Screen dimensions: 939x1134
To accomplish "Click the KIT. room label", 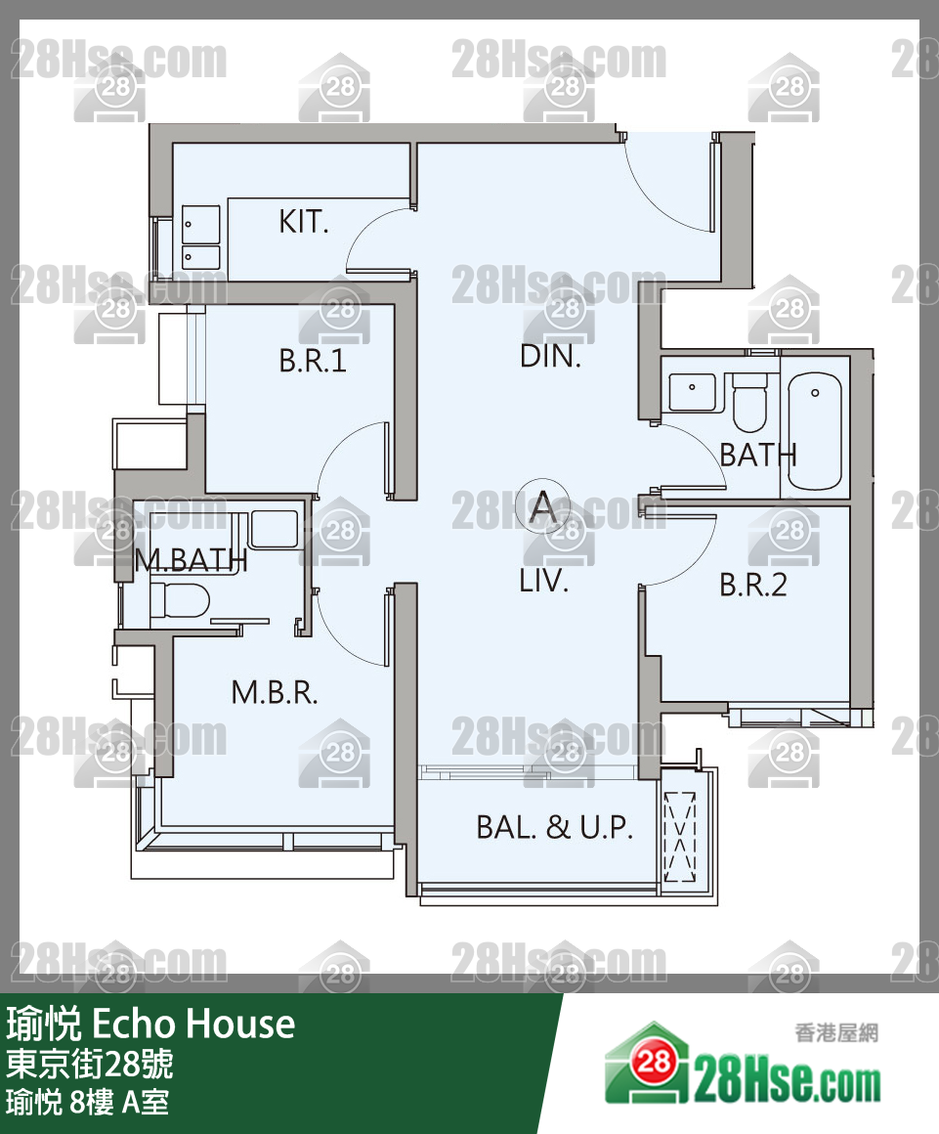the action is (304, 221).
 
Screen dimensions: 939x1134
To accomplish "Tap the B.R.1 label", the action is (313, 360).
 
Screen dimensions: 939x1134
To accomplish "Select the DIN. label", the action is (550, 356).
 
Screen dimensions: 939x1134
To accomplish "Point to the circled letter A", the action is (543, 506).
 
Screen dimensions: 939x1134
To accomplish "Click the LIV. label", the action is (543, 581).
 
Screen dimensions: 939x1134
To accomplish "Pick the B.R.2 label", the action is (752, 585).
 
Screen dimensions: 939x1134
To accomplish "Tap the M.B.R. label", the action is (274, 693).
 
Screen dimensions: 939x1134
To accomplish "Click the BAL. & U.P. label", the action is (554, 827).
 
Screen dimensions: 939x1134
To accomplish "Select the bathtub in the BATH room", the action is (815, 432).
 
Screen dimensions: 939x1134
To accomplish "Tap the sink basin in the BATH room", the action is (693, 391).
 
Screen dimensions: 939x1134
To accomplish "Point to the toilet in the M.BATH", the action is (179, 600).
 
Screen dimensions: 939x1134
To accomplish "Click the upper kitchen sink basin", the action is (200, 224).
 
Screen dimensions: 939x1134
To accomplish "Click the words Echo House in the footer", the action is (193, 1025).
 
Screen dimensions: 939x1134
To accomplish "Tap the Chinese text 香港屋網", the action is (836, 1032).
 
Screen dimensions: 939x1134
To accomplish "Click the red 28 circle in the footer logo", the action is (654, 1062).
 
